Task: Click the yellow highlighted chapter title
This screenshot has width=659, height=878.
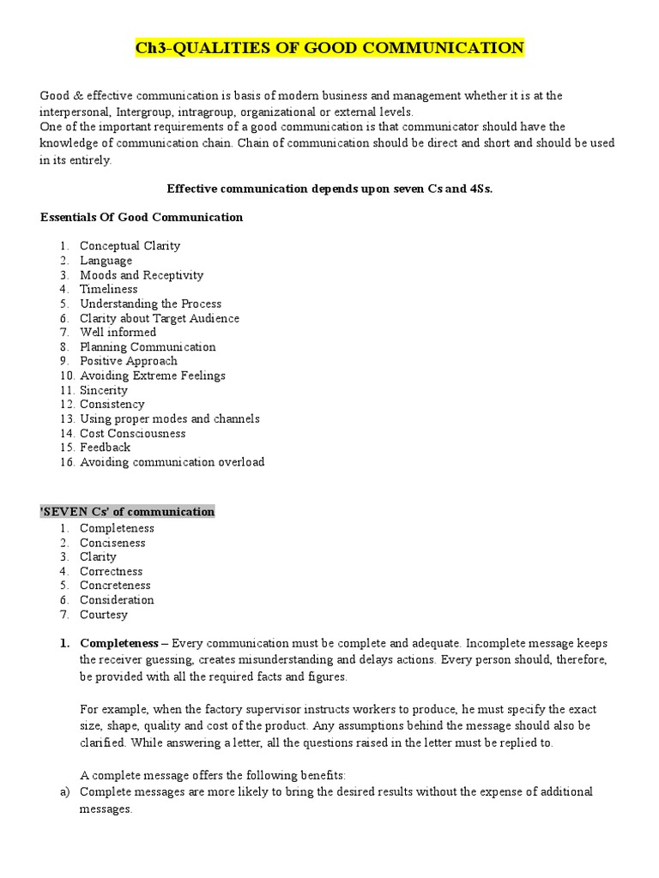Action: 329,48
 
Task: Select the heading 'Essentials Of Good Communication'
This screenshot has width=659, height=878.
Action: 142,217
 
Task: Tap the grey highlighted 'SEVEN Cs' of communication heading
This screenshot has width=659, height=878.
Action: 128,512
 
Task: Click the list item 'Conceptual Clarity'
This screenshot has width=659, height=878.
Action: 130,246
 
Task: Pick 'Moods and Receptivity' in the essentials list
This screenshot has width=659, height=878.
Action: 142,275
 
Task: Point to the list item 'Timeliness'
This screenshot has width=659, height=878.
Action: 109,289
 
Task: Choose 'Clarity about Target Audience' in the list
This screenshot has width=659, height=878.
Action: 160,318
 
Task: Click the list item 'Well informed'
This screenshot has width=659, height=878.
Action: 118,332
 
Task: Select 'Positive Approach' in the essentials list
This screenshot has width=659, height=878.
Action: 129,361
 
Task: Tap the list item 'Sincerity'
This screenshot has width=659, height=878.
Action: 104,390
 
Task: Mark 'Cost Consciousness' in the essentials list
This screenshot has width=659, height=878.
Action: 132,433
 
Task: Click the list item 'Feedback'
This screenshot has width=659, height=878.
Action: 106,447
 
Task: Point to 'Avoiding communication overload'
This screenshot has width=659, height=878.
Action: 172,462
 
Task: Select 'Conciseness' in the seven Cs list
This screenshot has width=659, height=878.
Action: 112,543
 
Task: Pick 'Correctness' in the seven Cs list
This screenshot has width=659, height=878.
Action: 112,571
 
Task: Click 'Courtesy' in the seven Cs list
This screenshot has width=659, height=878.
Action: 104,614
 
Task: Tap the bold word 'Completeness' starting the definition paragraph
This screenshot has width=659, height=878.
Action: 119,642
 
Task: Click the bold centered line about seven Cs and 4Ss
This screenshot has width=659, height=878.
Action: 329,189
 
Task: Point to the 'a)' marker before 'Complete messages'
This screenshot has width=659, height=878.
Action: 64,791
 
